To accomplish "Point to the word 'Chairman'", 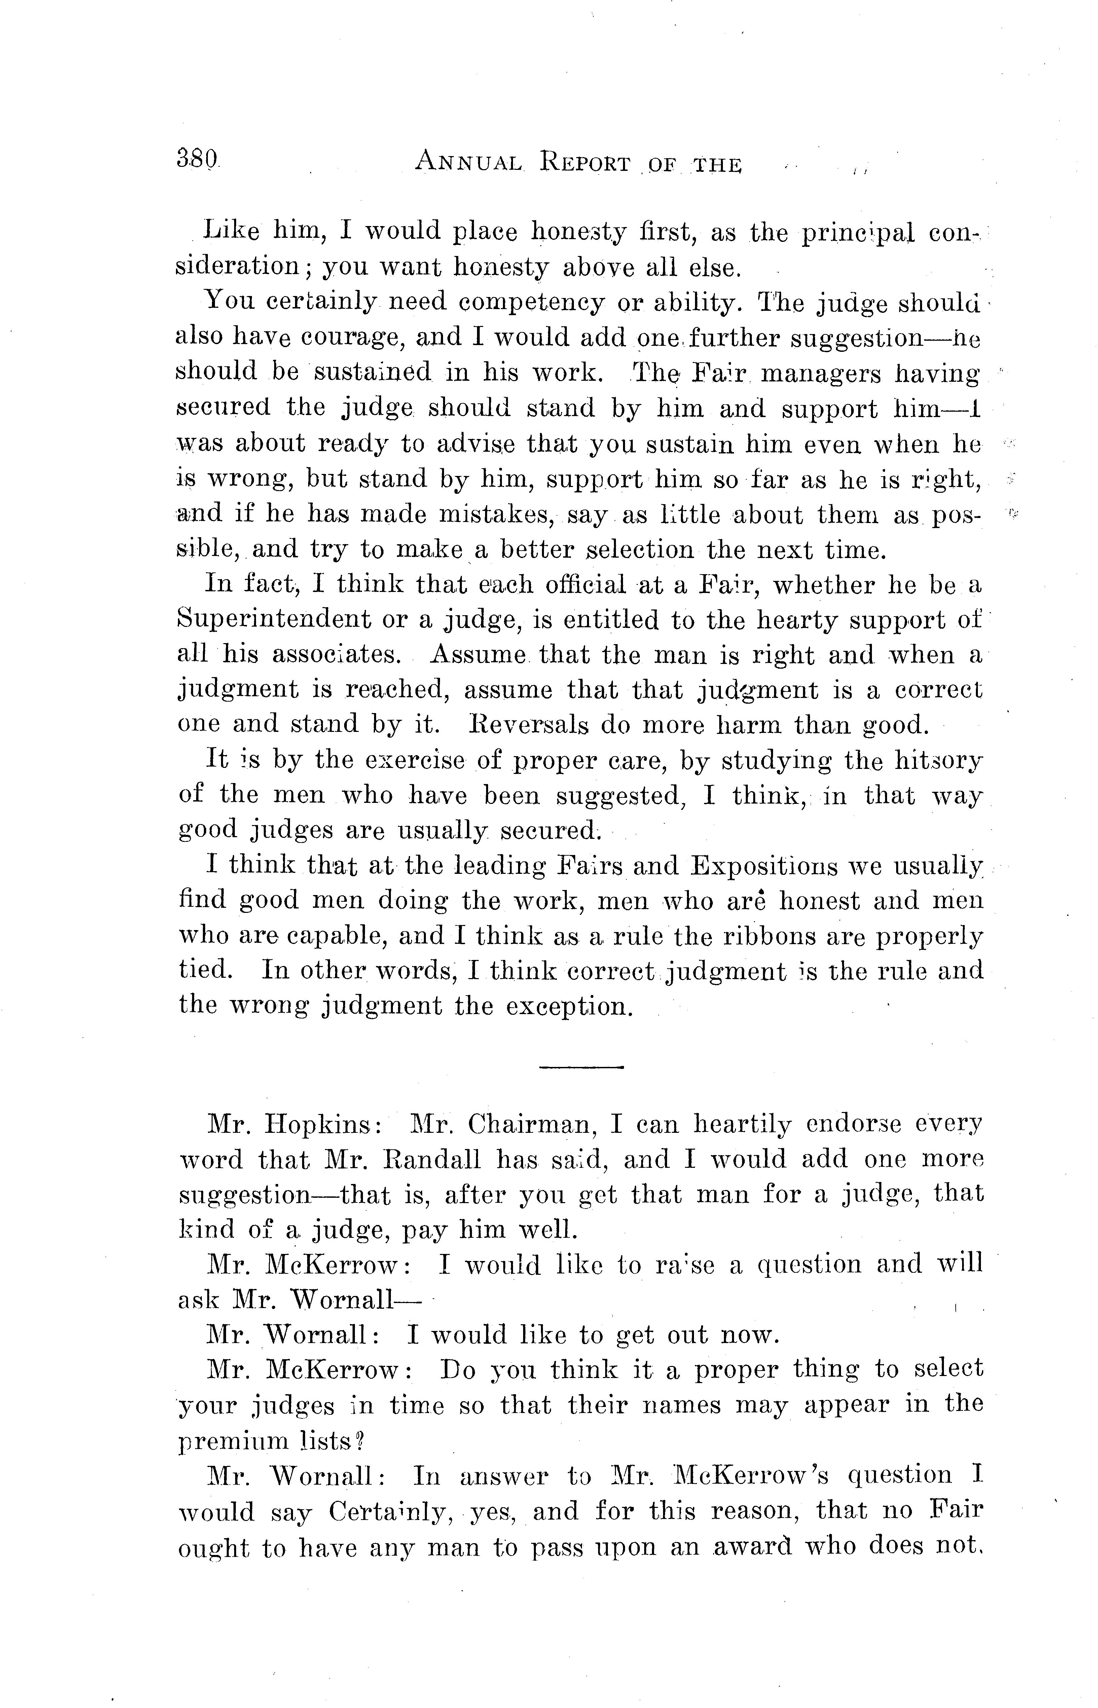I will [531, 1125].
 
